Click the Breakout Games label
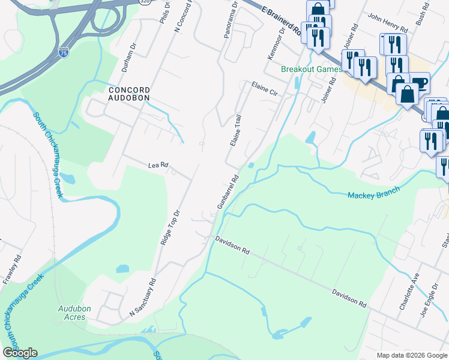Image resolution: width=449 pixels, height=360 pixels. tap(312, 69)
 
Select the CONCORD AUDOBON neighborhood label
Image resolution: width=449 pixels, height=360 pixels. tap(128, 93)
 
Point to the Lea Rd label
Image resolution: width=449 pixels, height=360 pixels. tap(158, 164)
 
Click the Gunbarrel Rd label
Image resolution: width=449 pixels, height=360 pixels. tap(228, 192)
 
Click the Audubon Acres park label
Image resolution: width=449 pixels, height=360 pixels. tap(74, 313)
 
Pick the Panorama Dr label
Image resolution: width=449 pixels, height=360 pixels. tap(229, 22)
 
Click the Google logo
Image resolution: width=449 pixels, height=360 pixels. tap(20, 353)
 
